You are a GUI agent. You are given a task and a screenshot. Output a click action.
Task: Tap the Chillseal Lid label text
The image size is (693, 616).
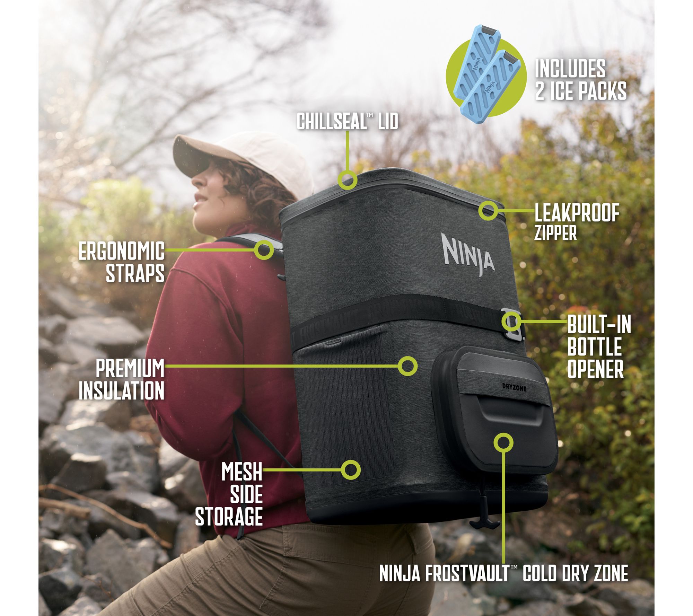click(348, 122)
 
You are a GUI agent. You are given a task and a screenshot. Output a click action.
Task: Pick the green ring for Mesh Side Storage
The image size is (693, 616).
click(351, 470)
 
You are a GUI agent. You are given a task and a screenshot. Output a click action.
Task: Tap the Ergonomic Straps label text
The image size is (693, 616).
click(122, 262)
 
